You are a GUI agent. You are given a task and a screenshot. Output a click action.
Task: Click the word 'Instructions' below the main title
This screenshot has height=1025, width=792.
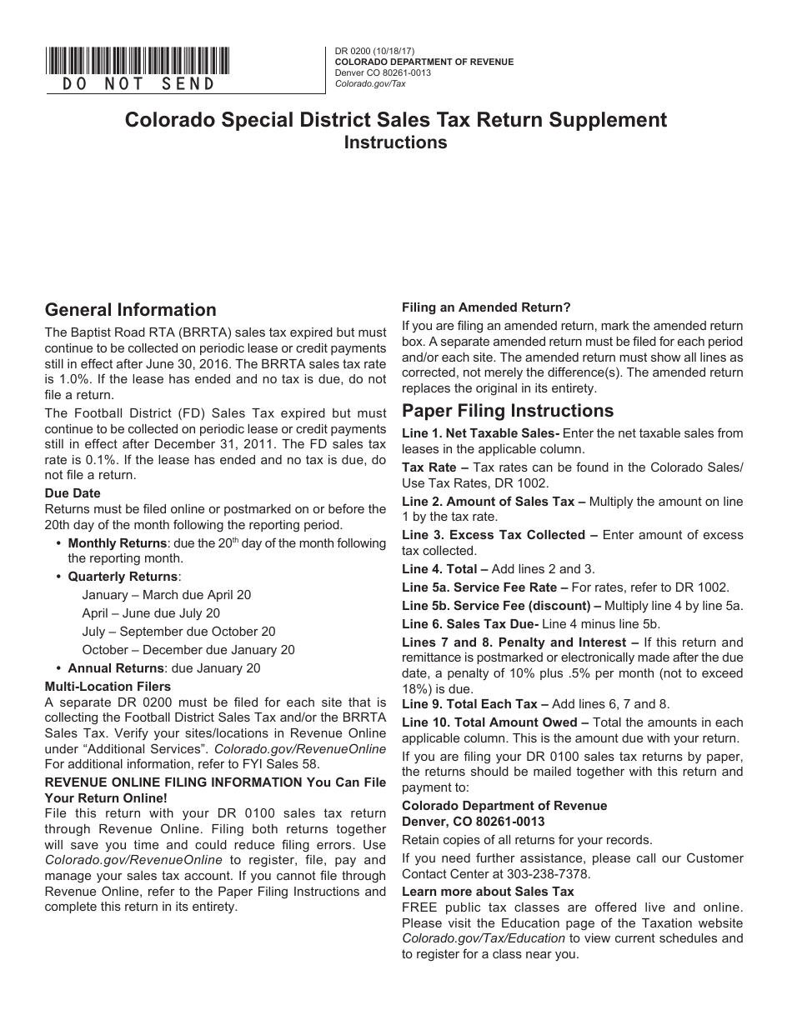396,142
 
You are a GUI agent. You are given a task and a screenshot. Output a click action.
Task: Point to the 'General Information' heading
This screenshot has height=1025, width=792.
130,310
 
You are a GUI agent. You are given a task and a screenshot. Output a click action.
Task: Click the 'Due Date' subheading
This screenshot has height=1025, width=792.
73,493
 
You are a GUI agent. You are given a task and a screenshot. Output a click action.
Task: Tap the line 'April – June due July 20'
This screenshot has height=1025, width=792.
151,613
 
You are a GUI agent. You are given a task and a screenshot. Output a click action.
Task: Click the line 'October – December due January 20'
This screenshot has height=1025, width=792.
188,650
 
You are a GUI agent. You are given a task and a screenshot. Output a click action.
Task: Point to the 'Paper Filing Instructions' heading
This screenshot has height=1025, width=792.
508,411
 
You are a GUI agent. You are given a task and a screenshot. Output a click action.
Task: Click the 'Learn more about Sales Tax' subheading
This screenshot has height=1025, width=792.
488,892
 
